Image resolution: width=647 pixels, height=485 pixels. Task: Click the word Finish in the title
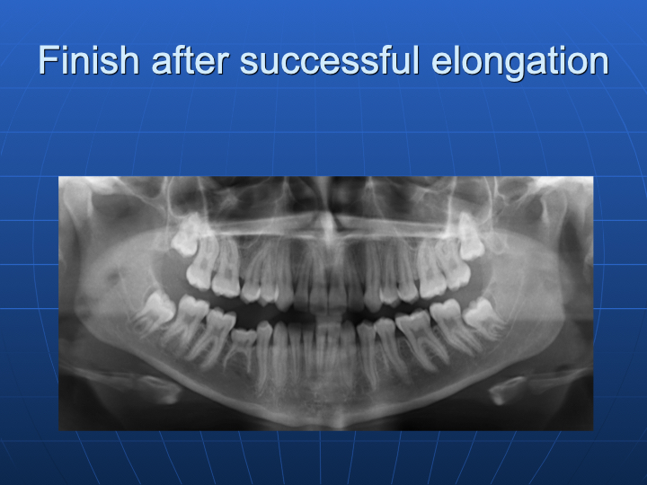point(88,60)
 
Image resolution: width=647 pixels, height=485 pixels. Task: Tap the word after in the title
point(191,60)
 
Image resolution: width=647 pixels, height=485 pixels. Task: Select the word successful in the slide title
point(329,60)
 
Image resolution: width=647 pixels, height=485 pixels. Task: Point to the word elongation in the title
point(520,63)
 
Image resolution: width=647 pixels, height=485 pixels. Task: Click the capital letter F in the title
point(48,60)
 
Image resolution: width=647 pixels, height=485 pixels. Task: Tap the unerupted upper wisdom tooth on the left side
point(188,234)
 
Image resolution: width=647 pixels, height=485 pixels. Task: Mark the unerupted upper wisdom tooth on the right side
point(470,236)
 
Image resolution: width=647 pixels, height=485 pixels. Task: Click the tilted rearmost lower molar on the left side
point(153,313)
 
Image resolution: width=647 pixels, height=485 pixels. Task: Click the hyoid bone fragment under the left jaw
point(160,388)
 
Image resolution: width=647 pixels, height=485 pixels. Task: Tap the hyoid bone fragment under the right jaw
point(504,390)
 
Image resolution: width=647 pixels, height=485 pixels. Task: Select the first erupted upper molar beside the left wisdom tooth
point(203,264)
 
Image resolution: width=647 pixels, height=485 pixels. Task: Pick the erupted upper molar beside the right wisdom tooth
point(454,265)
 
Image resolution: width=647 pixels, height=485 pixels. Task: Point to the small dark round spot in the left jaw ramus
point(113,277)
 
